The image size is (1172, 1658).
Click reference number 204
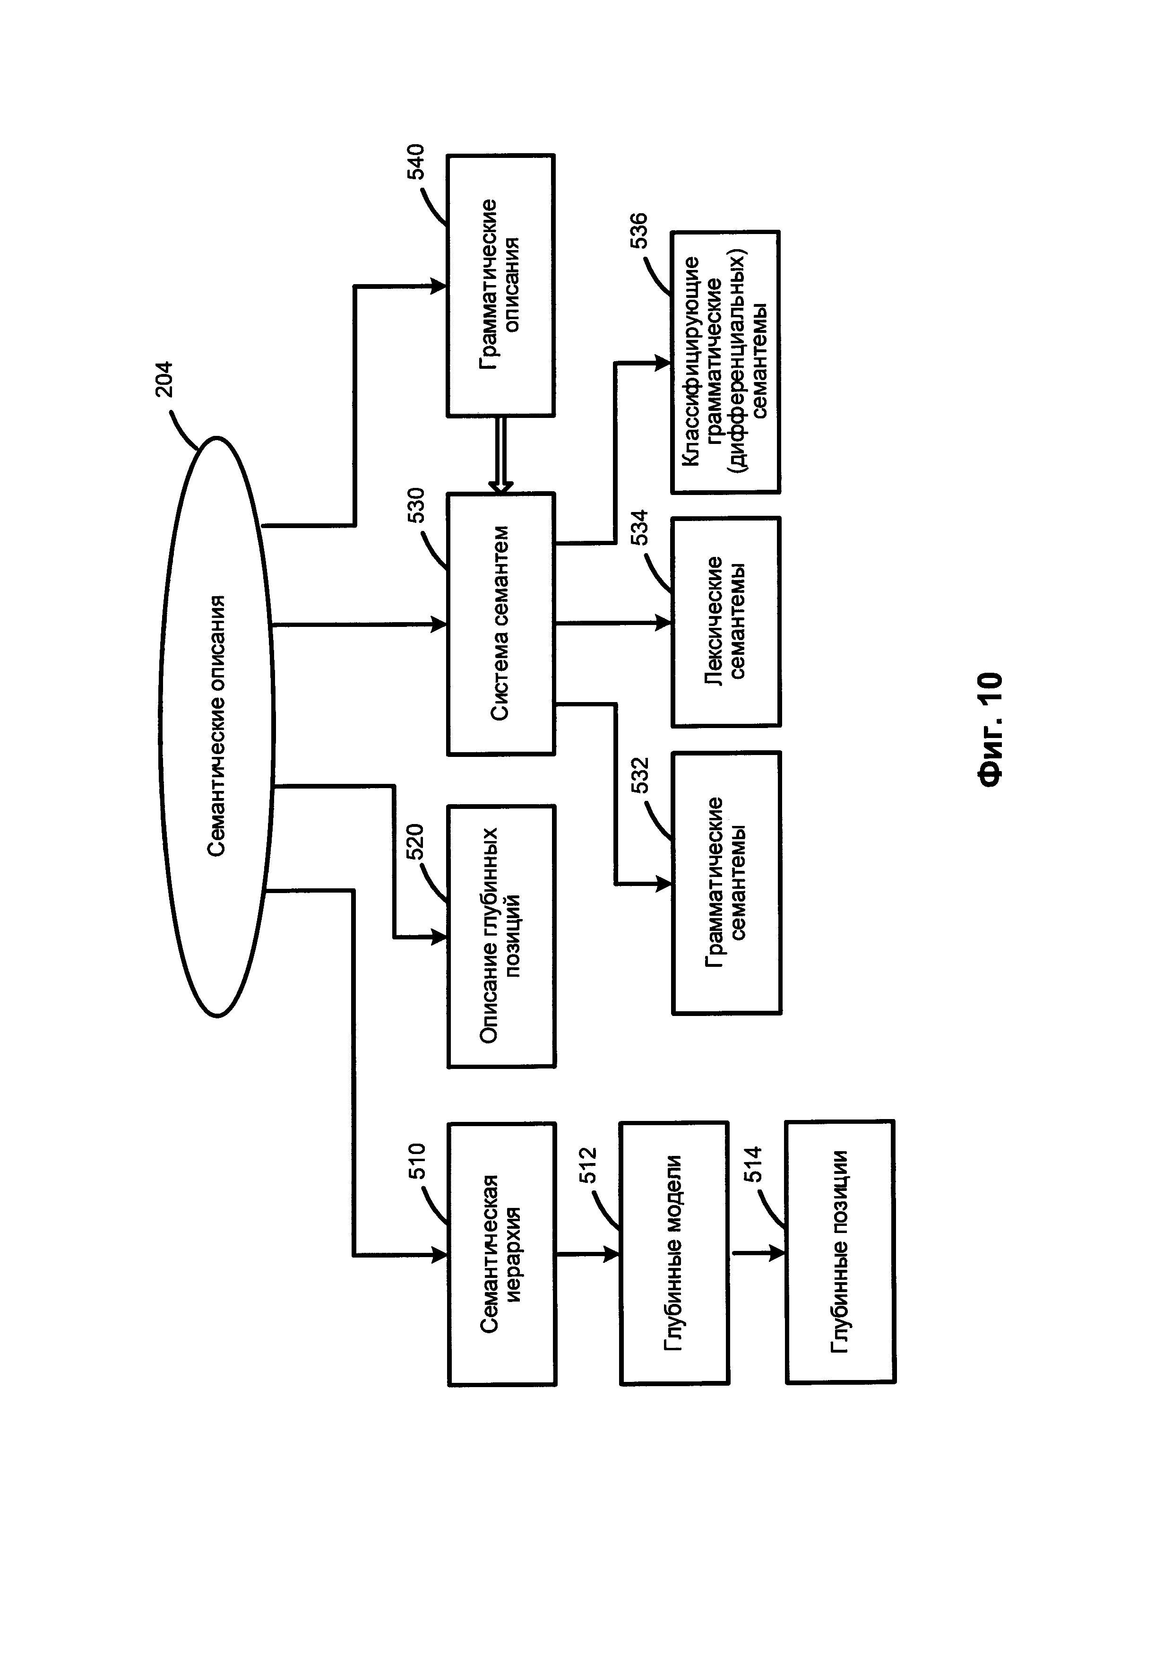[x=164, y=378]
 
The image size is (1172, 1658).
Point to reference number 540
[x=416, y=162]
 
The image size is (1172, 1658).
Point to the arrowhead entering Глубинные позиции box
[x=777, y=1253]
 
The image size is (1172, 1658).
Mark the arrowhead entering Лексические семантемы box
[x=663, y=622]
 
